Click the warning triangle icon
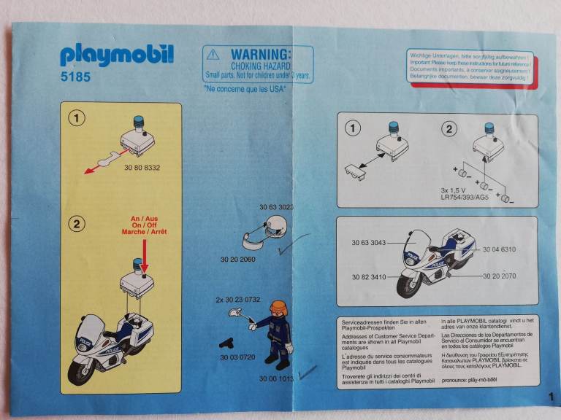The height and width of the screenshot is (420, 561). point(213,55)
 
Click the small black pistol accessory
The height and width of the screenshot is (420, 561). point(227,341)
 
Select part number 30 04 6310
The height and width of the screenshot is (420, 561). point(499,249)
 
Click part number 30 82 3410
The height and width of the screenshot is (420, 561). point(370,277)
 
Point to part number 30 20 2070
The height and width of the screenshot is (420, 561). point(499,277)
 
